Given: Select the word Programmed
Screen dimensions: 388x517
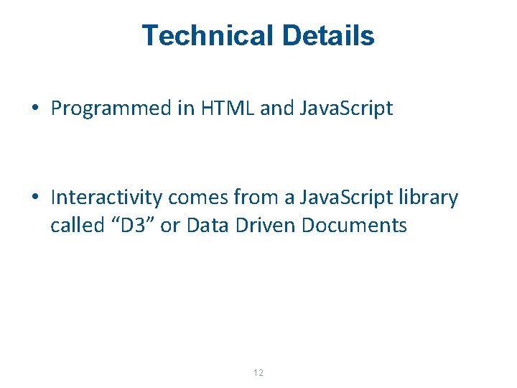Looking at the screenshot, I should coord(108,109).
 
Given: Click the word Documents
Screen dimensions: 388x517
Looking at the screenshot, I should coord(355,226).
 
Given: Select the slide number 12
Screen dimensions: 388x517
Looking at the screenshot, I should coord(258,373).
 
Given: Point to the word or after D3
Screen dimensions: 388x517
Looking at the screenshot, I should coord(169,226).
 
